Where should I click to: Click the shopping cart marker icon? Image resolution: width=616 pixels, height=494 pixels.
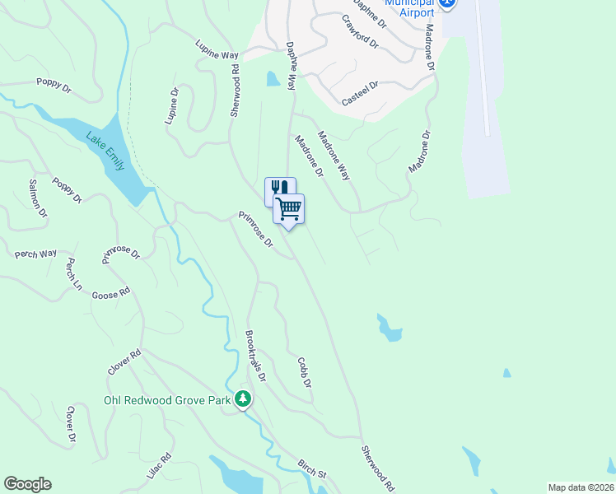tap(289, 208)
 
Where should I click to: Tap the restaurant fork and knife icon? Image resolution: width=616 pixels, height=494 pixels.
tap(278, 189)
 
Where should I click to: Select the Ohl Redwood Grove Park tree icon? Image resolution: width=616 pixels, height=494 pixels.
tap(243, 400)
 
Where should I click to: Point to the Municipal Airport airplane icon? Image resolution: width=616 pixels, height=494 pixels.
tap(448, 3)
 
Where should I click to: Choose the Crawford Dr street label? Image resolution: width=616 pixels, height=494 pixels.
tap(363, 32)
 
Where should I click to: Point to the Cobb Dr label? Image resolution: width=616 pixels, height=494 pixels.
tap(304, 372)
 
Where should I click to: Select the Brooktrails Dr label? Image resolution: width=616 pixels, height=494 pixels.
tap(256, 356)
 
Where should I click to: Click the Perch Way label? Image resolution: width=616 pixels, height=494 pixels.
tap(35, 254)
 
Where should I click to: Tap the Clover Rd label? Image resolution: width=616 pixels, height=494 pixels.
tap(124, 362)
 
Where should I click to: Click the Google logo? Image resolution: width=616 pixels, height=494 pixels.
tap(27, 484)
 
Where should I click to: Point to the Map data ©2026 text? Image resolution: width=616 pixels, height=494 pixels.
tap(581, 487)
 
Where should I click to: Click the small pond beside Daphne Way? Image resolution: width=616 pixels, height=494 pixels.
tap(273, 79)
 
